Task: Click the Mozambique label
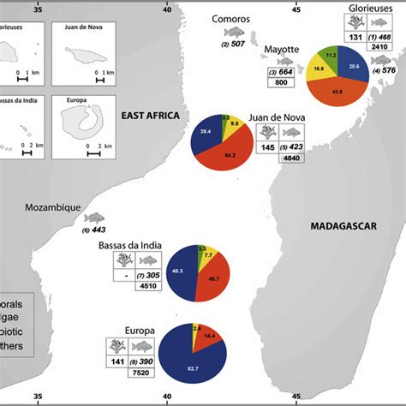pyautogui.click(x=51, y=207)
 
